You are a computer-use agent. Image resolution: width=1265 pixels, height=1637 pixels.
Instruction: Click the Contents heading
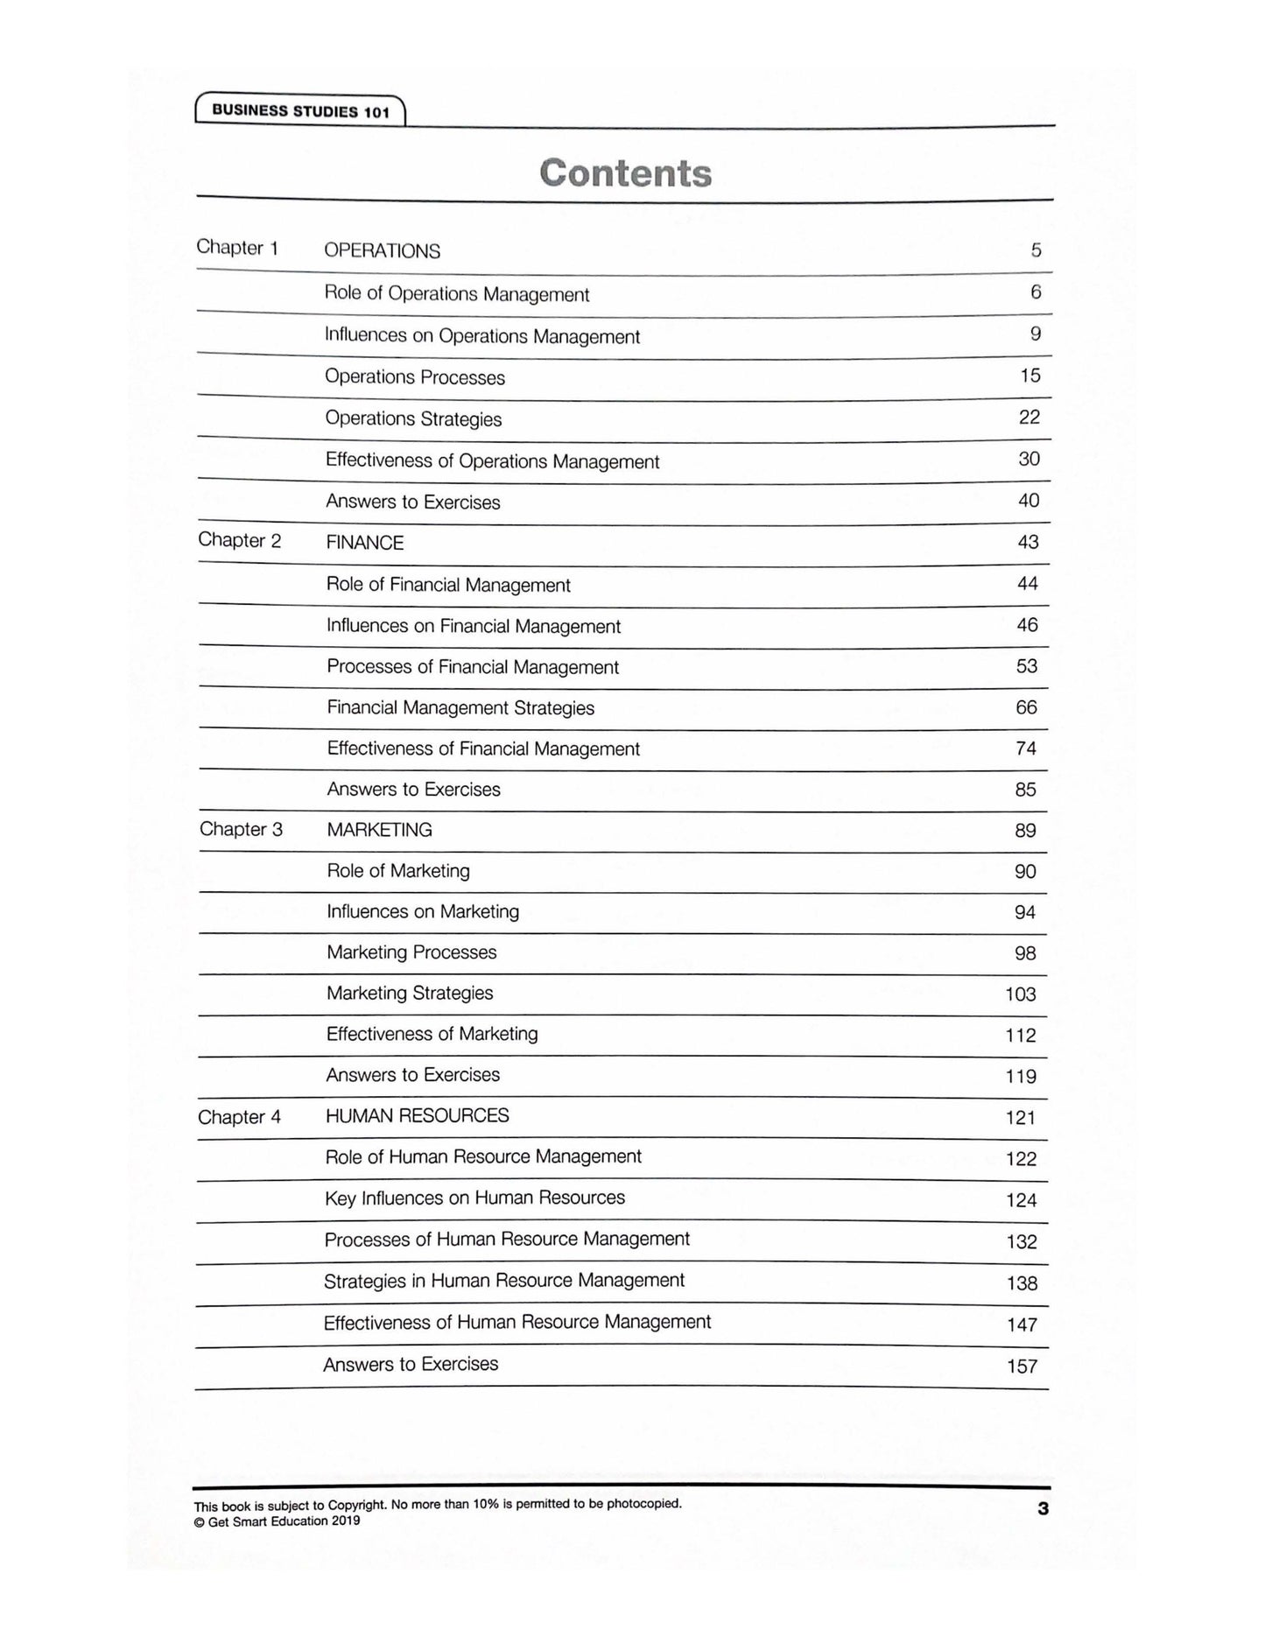[625, 173]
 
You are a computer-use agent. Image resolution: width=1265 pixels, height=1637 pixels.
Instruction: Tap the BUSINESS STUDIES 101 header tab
[300, 111]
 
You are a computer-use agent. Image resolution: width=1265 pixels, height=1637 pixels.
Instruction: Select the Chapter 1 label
[237, 248]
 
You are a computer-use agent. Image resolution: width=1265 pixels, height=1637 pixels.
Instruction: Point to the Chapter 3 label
[241, 829]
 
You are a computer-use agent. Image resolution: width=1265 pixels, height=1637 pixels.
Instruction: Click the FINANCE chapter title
[364, 543]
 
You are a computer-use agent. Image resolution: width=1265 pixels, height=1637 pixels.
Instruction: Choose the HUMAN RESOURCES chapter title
[417, 1116]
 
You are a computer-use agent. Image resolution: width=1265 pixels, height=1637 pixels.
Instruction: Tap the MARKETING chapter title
[379, 830]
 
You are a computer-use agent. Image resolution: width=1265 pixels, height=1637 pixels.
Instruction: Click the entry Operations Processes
[415, 377]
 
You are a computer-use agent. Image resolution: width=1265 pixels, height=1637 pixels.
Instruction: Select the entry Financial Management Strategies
[460, 707]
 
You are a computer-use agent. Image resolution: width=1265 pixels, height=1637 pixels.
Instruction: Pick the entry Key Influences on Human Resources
[474, 1198]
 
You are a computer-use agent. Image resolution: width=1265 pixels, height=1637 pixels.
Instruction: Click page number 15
[1030, 376]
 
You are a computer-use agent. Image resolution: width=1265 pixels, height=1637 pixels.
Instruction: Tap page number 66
[1026, 707]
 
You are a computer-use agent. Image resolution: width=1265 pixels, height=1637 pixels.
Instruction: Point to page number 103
[1021, 994]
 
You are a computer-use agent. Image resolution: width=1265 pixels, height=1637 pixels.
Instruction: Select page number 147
[1022, 1325]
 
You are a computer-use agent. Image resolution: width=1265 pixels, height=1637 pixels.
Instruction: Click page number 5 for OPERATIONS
[1036, 250]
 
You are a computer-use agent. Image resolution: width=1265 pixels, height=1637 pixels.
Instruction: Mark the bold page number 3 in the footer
[1042, 1508]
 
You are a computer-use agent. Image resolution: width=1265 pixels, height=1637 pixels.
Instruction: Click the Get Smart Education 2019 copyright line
[277, 1521]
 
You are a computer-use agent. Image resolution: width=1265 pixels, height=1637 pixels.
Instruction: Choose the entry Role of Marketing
[398, 871]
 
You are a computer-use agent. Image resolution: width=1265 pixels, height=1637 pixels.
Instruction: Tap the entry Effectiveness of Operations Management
[492, 460]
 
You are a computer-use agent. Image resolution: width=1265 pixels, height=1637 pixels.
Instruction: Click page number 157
[1022, 1367]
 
